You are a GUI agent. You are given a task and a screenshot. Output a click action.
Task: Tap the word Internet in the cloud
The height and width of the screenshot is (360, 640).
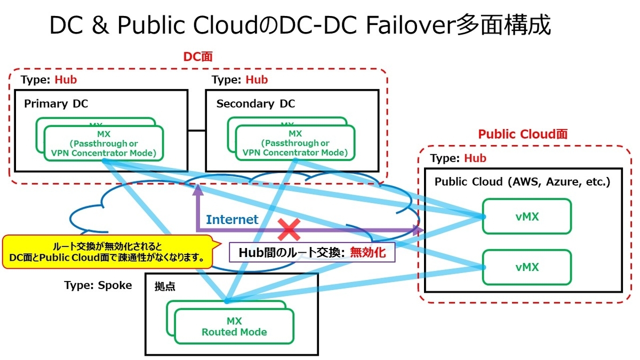pos(232,219)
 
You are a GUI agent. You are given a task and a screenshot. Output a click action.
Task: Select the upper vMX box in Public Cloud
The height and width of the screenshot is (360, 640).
pos(526,217)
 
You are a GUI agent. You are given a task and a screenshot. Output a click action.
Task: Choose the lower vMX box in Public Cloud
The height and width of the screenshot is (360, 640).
pos(526,267)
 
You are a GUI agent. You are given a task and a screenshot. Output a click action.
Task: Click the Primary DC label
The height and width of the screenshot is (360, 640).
pos(53,104)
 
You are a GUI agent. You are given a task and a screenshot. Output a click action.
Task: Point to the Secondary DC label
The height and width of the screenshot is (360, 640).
pos(255,104)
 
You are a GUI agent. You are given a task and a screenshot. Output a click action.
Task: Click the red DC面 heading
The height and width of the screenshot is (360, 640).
pos(198,57)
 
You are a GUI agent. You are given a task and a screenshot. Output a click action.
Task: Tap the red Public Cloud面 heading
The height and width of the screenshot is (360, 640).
pos(523,134)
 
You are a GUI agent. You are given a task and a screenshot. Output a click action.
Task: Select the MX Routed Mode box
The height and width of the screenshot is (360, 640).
pos(234,326)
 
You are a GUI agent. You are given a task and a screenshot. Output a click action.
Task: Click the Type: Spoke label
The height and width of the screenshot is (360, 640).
pos(98,285)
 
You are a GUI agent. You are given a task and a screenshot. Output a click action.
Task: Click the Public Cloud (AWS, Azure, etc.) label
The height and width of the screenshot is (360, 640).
pos(522,181)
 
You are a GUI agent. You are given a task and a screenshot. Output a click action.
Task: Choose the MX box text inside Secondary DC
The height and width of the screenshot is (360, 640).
pos(295,143)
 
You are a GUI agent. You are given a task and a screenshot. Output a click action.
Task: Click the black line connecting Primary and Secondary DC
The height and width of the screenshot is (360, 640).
pos(197,130)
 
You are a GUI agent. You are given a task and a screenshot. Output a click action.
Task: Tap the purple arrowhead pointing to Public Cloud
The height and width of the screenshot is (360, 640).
pos(418,230)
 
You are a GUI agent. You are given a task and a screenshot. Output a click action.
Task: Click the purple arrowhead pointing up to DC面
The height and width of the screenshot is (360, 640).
pos(197,189)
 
